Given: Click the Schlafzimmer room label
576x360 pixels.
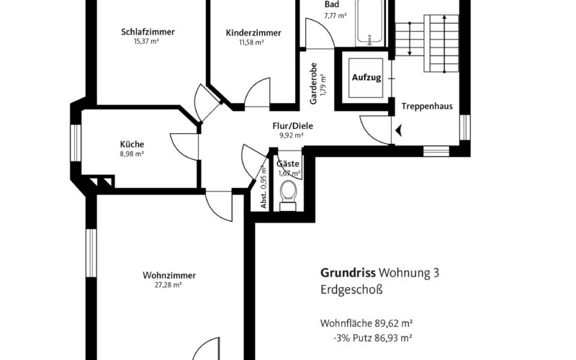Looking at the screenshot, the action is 148,32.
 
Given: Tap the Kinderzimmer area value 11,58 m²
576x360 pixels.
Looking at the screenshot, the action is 251,42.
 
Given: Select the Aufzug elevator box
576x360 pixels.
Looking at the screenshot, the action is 366,78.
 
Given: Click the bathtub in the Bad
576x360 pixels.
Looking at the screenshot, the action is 369,23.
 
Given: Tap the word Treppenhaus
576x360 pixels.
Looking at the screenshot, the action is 427,107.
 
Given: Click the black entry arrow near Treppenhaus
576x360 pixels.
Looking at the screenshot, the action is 399,130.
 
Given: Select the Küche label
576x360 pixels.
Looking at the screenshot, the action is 132,145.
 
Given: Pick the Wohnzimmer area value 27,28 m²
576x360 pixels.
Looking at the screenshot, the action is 168,284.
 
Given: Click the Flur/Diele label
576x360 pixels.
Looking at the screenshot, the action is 293,126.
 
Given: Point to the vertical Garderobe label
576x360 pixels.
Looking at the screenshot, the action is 313,84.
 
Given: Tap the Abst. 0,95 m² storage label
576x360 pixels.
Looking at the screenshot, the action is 264,187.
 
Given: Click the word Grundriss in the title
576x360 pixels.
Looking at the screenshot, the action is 348,273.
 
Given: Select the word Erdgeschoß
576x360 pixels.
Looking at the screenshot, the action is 351,289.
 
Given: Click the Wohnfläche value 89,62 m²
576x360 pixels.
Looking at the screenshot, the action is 393,323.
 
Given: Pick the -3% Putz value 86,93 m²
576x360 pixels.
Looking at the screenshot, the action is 393,338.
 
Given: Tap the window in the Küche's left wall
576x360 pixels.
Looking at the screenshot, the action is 76,143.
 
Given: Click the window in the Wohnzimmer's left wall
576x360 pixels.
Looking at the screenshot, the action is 91,253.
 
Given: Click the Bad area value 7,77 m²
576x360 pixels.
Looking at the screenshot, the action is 336,16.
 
